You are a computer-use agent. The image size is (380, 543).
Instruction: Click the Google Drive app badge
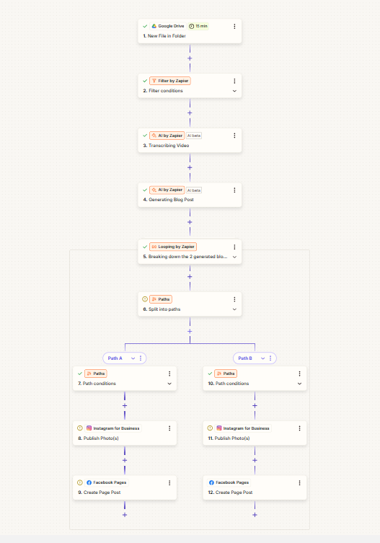pyautogui.click(x=168, y=26)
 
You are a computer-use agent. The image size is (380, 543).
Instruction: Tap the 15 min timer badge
pyautogui.click(x=198, y=26)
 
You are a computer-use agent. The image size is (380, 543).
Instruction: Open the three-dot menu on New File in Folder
pyautogui.click(x=234, y=26)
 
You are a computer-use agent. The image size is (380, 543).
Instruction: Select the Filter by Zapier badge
pyautogui.click(x=170, y=81)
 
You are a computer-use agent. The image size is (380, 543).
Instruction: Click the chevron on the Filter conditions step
pyautogui.click(x=234, y=91)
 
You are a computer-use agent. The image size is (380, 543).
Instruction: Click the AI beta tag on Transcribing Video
pyautogui.click(x=194, y=136)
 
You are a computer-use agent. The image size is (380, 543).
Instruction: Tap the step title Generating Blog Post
pyautogui.click(x=171, y=200)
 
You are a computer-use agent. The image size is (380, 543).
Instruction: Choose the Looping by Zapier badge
pyautogui.click(x=173, y=247)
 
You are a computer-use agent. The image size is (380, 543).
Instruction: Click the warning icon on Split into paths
pyautogui.click(x=145, y=299)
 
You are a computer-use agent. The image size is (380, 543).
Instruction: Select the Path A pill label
pyautogui.click(x=115, y=358)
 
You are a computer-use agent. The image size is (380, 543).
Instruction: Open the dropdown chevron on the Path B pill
pyautogui.click(x=263, y=358)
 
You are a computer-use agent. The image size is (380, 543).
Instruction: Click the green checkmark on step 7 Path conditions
pyautogui.click(x=80, y=374)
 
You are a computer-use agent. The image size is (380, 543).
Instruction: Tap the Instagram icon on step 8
pyautogui.click(x=89, y=428)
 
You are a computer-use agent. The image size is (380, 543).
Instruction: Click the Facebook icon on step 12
pyautogui.click(x=211, y=482)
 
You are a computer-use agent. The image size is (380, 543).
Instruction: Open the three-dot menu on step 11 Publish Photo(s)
pyautogui.click(x=300, y=428)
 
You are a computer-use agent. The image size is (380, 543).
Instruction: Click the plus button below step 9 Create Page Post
pyautogui.click(x=125, y=515)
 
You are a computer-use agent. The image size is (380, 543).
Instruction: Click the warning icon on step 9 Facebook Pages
pyautogui.click(x=79, y=482)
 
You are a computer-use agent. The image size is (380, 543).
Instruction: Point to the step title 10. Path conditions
pyautogui.click(x=229, y=384)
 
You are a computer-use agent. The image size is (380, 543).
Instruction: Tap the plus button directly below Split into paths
pyautogui.click(x=190, y=332)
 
